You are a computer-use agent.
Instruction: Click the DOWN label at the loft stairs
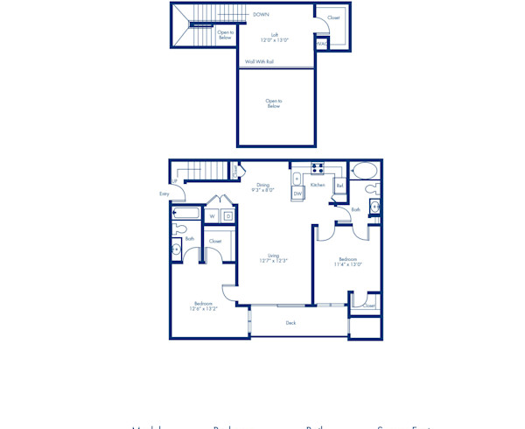pos(261,14)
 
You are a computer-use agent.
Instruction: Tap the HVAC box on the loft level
pos(322,43)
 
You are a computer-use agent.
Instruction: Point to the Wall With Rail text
pos(259,61)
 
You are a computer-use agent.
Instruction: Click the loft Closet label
pos(333,18)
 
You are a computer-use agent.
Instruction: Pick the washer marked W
pos(212,215)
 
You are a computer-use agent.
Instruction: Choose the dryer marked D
pos(227,215)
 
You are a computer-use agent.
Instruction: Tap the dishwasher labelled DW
pos(297,193)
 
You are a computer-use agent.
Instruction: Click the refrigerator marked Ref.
pos(339,186)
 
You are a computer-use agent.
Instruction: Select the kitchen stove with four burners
pos(317,168)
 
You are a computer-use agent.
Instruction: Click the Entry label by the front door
pos(164,193)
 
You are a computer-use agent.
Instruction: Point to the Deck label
pos(290,322)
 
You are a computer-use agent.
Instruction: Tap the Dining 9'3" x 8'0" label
pos(262,187)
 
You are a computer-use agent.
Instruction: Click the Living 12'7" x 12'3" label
pos(273,258)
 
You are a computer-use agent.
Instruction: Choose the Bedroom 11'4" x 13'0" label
pos(347,261)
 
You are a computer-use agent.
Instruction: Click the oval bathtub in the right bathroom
pos(365,170)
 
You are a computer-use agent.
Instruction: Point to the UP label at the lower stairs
pos(175,181)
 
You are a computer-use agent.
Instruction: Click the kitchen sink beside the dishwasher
pos(297,179)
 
